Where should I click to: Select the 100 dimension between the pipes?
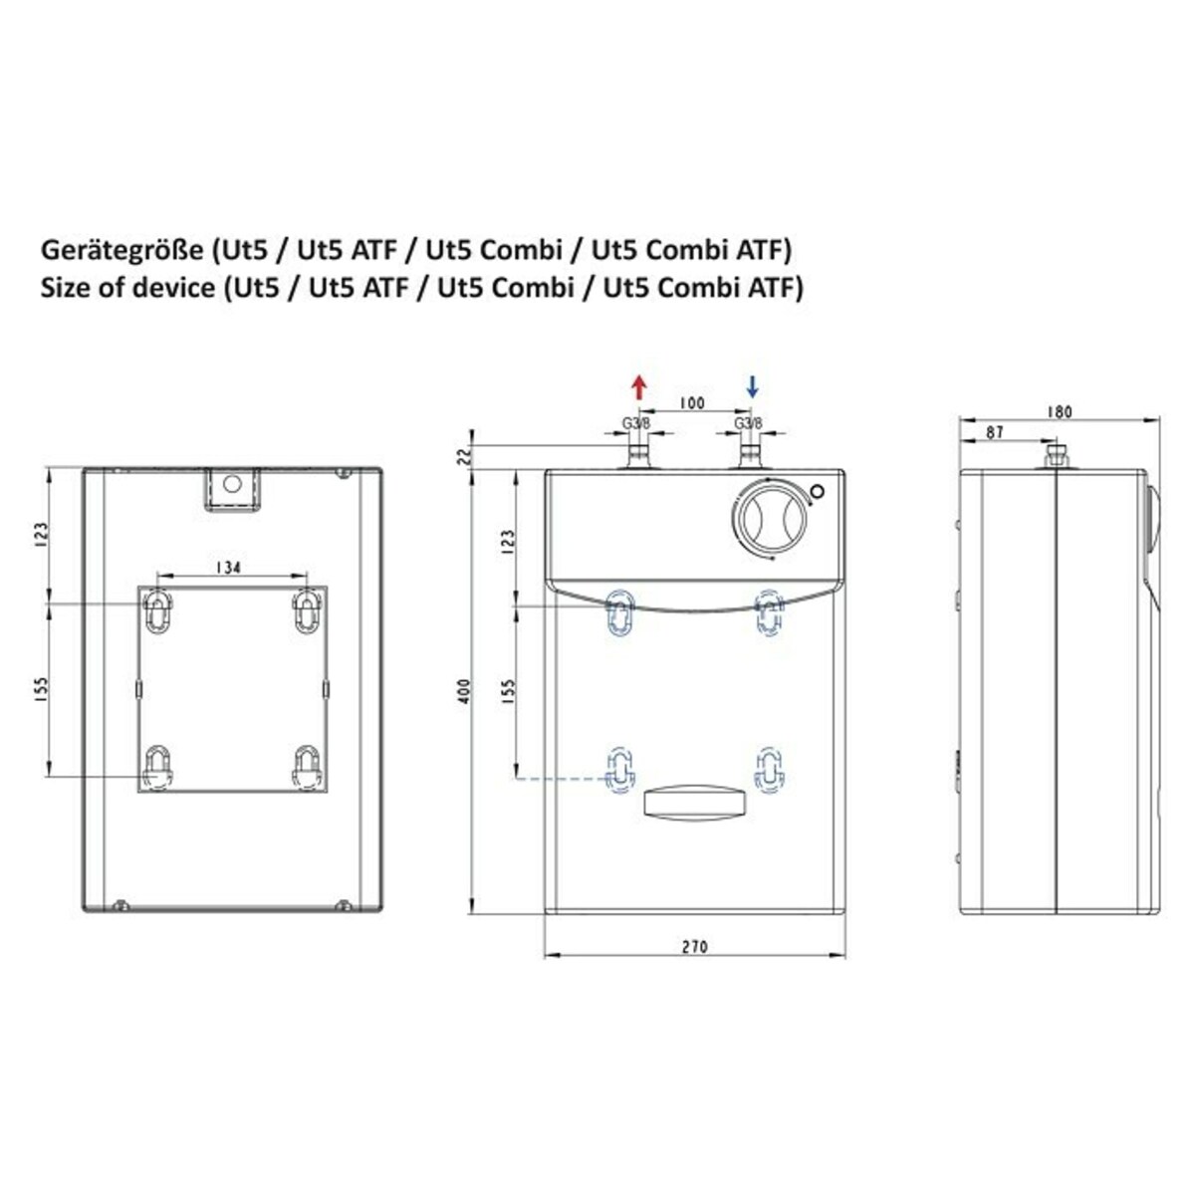tap(691, 402)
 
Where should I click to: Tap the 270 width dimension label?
tap(696, 946)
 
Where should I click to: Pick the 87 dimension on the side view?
tap(993, 432)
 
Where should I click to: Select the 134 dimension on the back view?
tap(229, 568)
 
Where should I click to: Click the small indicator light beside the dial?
tap(818, 491)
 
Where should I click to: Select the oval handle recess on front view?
tap(694, 802)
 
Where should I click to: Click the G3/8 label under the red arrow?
tap(636, 423)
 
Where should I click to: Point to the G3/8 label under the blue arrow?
tap(748, 423)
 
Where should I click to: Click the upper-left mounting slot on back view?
tap(157, 609)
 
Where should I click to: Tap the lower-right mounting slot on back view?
tap(306, 766)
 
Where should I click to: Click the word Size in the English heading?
tap(65, 288)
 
